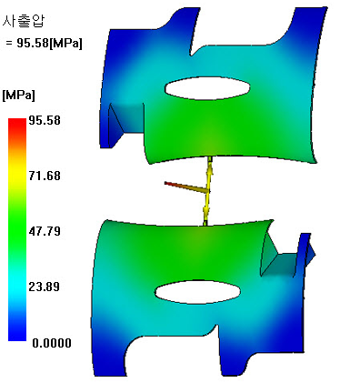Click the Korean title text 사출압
(x=24, y=21)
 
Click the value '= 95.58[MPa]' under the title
(x=44, y=43)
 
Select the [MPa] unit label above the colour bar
(x=19, y=96)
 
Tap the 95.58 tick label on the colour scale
(x=45, y=120)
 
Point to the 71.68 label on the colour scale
(x=45, y=176)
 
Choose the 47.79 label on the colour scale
(x=45, y=231)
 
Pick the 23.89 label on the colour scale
(x=45, y=287)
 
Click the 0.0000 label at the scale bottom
(x=52, y=343)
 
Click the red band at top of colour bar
(x=17, y=124)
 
